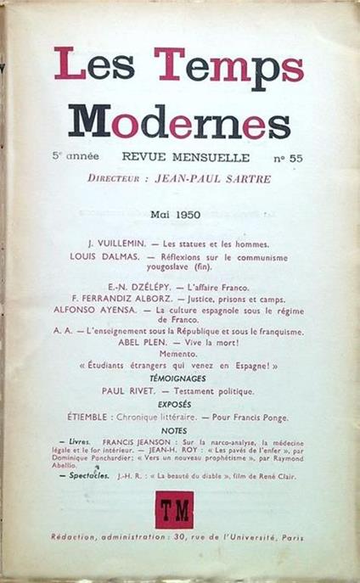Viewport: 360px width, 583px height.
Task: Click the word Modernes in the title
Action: pyautogui.click(x=179, y=122)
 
